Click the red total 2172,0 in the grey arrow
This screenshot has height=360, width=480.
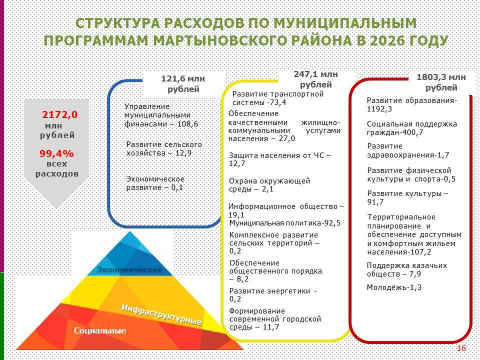pos(59,115)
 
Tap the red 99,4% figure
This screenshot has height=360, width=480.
pos(56,153)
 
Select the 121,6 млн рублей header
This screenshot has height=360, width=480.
pos(183,83)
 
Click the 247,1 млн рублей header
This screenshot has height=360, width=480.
pos(316,79)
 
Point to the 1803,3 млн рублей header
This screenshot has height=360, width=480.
pos(441,82)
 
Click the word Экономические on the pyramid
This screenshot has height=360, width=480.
pos(130,269)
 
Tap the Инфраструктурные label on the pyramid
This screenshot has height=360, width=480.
pos(161,314)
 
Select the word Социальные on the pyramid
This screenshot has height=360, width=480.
pos(100,330)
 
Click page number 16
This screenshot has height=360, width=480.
pos(461,348)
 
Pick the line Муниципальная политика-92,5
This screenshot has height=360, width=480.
pos(284,223)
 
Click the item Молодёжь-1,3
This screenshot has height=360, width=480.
pos(394,287)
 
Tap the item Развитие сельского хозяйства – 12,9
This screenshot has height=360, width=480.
pos(164,149)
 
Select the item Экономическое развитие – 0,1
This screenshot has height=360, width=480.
pos(155,183)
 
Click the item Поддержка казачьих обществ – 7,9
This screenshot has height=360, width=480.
pos(407,269)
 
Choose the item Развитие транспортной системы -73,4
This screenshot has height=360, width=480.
pos(277,98)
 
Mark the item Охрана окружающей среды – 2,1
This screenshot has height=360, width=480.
pos(269,185)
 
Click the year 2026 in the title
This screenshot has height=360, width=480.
pos(387,40)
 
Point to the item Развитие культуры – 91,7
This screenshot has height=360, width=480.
pos(407,198)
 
